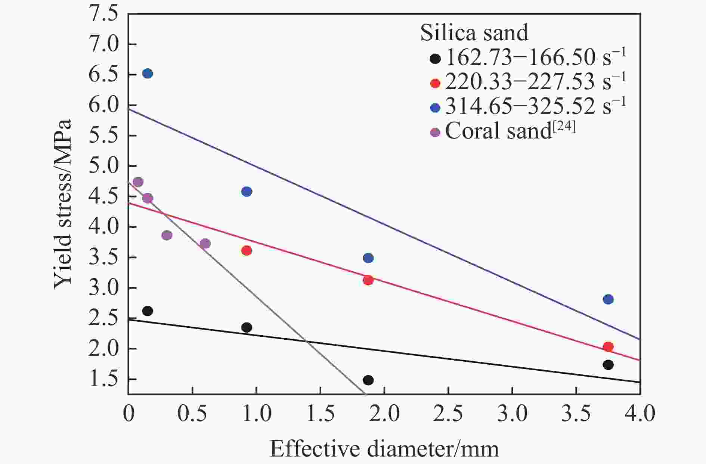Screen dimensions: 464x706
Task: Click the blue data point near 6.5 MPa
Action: point(148,74)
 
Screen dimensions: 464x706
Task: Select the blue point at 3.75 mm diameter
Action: point(608,299)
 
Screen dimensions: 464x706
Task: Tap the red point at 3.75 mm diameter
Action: point(608,347)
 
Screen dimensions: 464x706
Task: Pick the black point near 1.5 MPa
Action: point(368,380)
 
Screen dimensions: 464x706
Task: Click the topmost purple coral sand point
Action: point(138,182)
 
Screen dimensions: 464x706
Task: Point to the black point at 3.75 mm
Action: point(608,365)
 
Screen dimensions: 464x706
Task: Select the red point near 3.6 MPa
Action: point(247,250)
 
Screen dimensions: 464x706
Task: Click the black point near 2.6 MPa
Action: point(148,311)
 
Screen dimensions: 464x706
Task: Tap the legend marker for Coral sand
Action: point(436,132)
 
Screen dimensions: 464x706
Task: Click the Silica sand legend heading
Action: point(474,33)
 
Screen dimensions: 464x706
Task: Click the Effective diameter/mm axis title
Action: point(384,449)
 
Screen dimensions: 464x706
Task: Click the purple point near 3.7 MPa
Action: point(205,244)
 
